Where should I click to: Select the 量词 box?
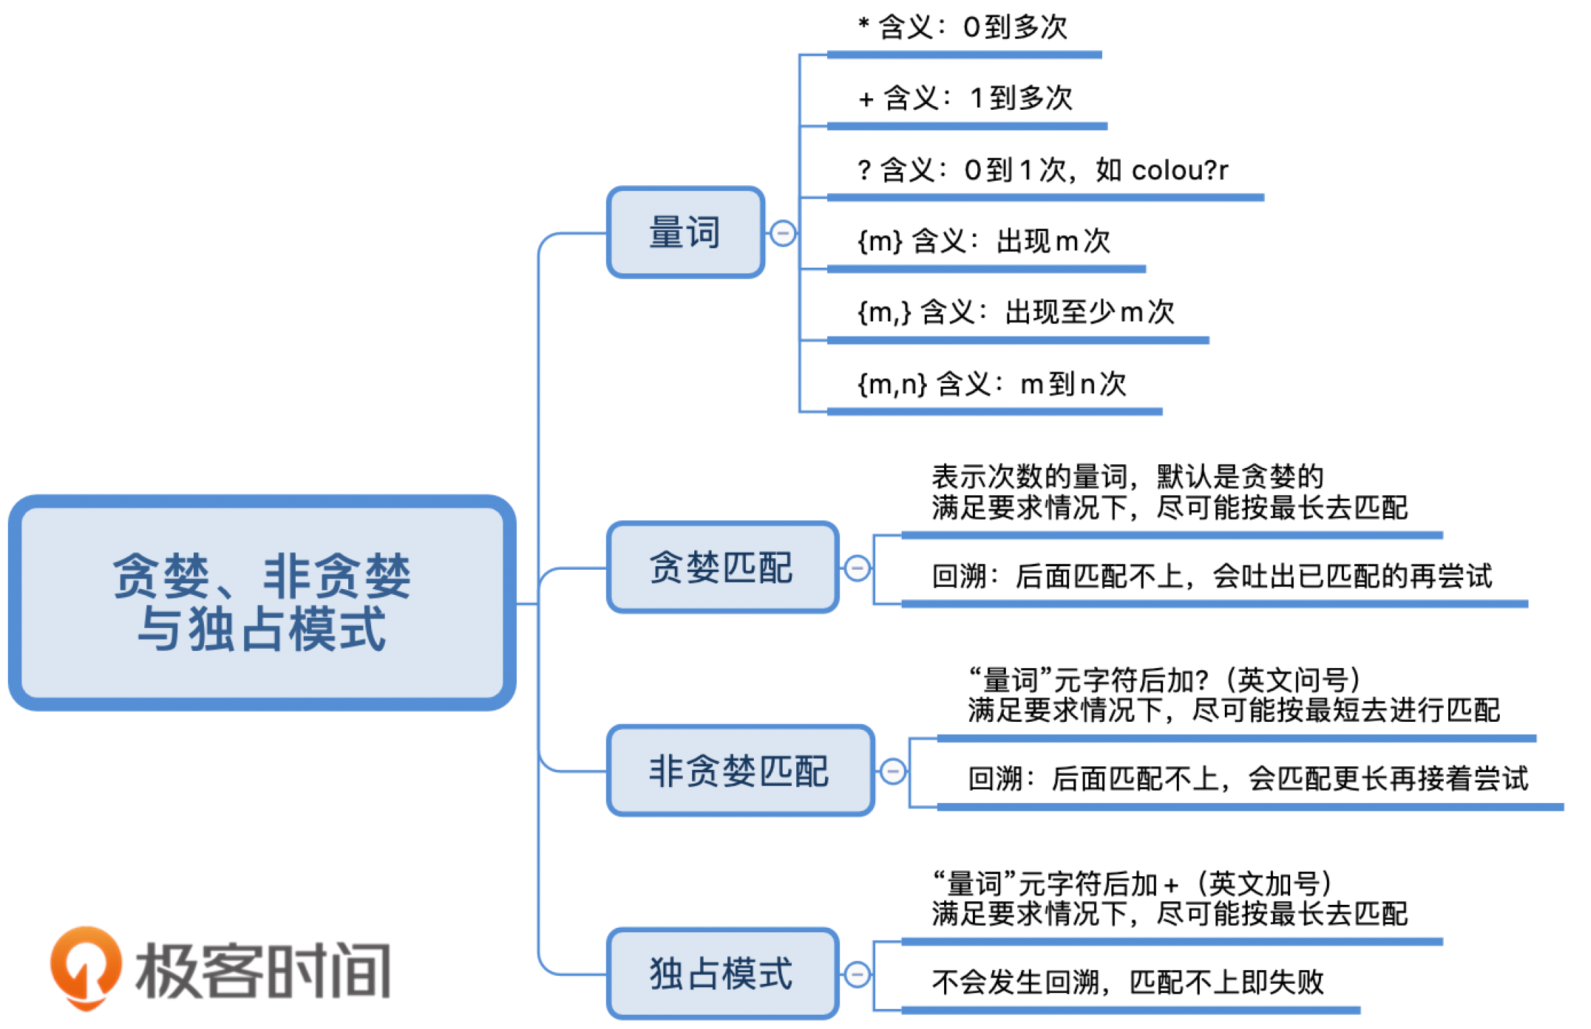(685, 232)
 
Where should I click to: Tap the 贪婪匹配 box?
(722, 568)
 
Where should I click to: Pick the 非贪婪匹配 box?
(739, 771)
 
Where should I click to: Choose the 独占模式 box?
(722, 974)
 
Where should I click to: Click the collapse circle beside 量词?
(783, 233)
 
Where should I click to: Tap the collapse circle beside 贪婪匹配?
(857, 568)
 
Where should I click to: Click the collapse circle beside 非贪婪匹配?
(892, 771)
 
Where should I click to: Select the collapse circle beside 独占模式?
(857, 974)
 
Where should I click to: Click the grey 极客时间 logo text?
(263, 970)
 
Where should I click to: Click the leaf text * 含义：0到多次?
(962, 27)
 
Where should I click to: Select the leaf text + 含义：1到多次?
(965, 98)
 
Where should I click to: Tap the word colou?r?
(1179, 171)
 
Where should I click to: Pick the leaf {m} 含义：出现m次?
(984, 241)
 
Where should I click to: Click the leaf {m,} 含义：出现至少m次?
(1015, 312)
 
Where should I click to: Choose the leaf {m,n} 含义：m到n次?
(992, 384)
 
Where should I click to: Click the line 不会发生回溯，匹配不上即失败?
(1127, 982)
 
